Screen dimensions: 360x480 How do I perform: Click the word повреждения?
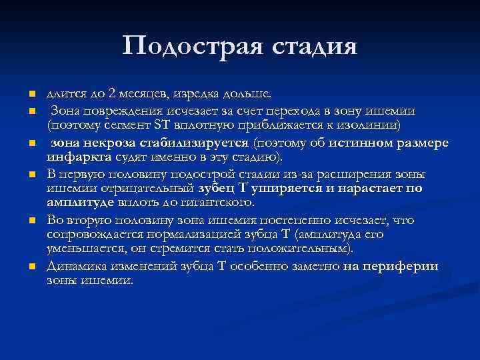click(117, 110)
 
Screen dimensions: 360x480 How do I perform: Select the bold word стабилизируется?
click(192, 143)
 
